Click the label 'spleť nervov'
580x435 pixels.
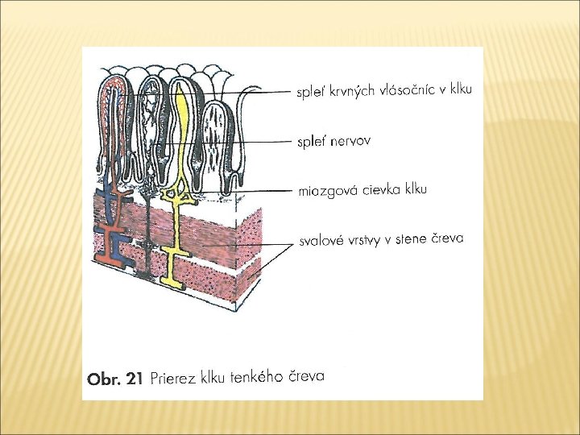pyautogui.click(x=333, y=142)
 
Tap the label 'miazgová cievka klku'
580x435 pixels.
pyautogui.click(x=362, y=191)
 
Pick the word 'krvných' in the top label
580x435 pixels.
pyautogui.click(x=346, y=92)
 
